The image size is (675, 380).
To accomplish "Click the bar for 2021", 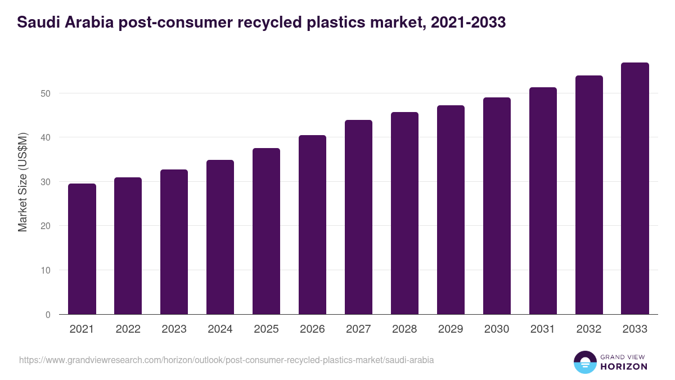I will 82,249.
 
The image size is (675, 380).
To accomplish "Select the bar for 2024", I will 220,237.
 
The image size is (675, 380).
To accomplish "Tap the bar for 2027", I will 358,217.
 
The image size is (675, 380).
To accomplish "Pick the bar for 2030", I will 497,206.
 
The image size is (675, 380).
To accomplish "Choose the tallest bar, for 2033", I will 635,189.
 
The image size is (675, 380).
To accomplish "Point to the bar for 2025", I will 266,231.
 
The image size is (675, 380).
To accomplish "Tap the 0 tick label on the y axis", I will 48,315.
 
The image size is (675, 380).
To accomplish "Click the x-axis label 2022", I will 128,329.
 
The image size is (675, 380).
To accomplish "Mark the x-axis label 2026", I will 312,329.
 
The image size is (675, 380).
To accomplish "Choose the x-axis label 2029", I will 451,329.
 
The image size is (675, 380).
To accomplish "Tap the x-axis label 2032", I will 589,329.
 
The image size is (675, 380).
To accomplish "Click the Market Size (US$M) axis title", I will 22,182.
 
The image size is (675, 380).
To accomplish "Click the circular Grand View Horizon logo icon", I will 584,362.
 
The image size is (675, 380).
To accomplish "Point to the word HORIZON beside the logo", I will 623,366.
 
